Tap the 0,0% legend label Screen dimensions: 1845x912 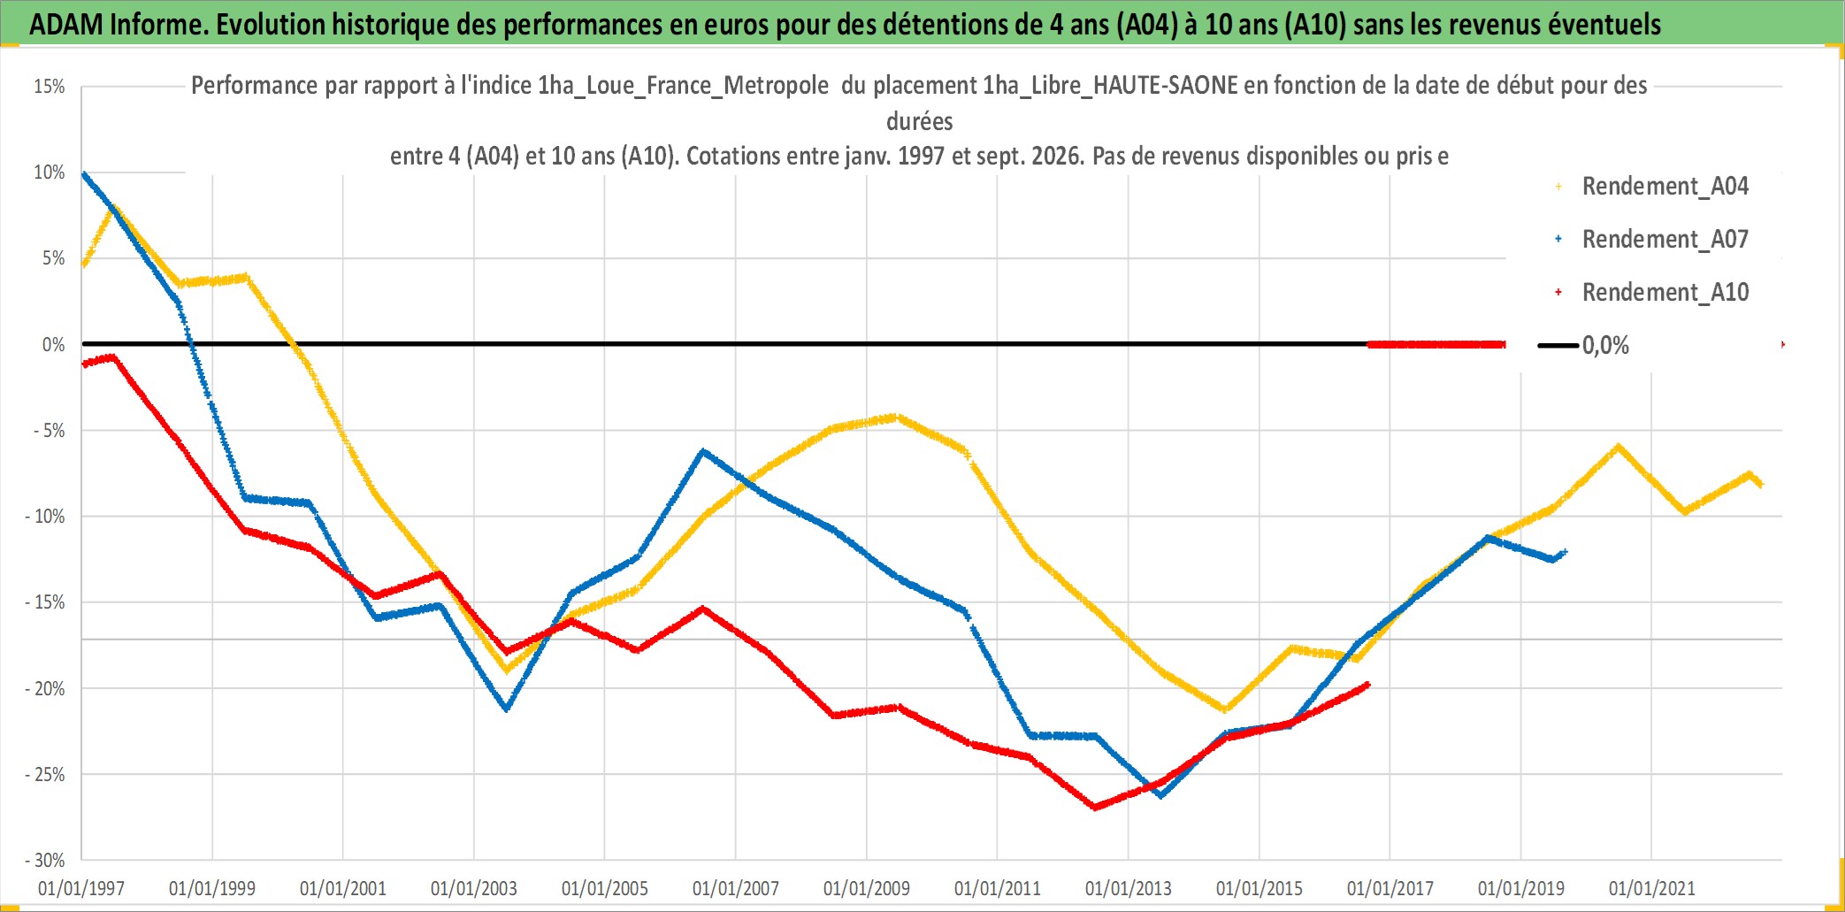pyautogui.click(x=1605, y=346)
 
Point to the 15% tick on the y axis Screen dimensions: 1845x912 pyautogui.click(x=50, y=87)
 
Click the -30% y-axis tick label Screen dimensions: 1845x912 pyautogui.click(x=45, y=860)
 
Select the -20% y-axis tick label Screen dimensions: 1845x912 pyautogui.click(x=45, y=688)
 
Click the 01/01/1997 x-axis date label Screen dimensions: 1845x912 pyautogui.click(x=81, y=888)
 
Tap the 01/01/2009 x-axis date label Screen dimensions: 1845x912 pyautogui.click(x=867, y=888)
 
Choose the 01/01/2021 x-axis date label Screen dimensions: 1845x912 pyautogui.click(x=1652, y=888)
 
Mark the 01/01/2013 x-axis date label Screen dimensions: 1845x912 pyautogui.click(x=1129, y=888)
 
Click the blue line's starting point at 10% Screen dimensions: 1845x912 pyautogui.click(x=83, y=174)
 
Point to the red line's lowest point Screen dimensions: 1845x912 pyautogui.click(x=1095, y=807)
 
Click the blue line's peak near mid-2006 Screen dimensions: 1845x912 pyautogui.click(x=702, y=451)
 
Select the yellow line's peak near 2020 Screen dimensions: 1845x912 pyautogui.click(x=1618, y=447)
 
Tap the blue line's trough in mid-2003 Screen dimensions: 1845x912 pyautogui.click(x=506, y=709)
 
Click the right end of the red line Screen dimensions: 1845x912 pyautogui.click(x=1367, y=684)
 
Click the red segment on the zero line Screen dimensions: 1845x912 pyautogui.click(x=1436, y=344)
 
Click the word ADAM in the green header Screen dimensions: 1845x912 pyautogui.click(x=66, y=25)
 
